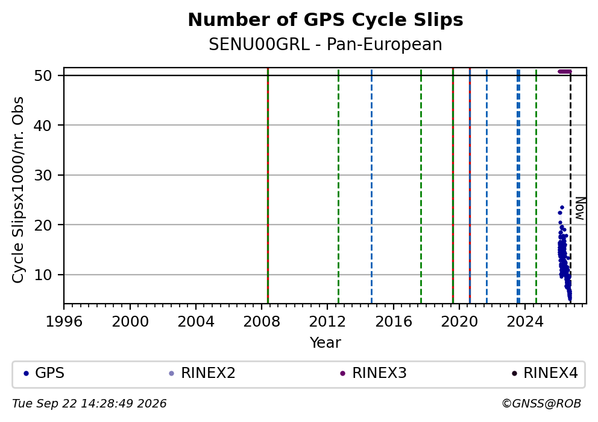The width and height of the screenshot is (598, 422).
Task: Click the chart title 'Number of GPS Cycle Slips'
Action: (326, 20)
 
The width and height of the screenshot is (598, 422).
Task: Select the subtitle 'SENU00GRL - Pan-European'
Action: (326, 44)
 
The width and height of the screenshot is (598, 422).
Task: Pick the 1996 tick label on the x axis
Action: (64, 322)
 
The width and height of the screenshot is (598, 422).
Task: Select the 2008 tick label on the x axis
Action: (262, 322)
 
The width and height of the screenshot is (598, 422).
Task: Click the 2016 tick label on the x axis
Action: (393, 322)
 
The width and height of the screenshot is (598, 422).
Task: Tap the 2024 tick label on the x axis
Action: (525, 322)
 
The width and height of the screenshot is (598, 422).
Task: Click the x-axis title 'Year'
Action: (326, 342)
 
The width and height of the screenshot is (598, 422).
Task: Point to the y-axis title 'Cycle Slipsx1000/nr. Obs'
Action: (18, 190)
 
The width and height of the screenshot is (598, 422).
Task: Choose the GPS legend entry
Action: (43, 373)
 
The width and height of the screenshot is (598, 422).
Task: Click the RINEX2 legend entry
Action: (202, 373)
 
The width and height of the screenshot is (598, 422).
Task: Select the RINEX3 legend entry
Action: (373, 373)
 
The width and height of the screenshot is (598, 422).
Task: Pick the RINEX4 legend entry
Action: (544, 373)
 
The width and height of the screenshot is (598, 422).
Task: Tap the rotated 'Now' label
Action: (580, 208)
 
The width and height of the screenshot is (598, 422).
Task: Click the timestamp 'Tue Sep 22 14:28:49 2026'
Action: (89, 404)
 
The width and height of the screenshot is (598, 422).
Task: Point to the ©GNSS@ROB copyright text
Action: (541, 404)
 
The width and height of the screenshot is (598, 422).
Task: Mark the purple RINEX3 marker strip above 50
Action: (565, 71)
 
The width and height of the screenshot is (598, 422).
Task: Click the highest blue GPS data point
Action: (562, 207)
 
